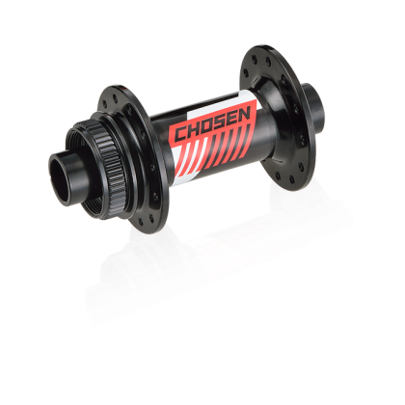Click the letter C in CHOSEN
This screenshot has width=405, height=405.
click(180, 133)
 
